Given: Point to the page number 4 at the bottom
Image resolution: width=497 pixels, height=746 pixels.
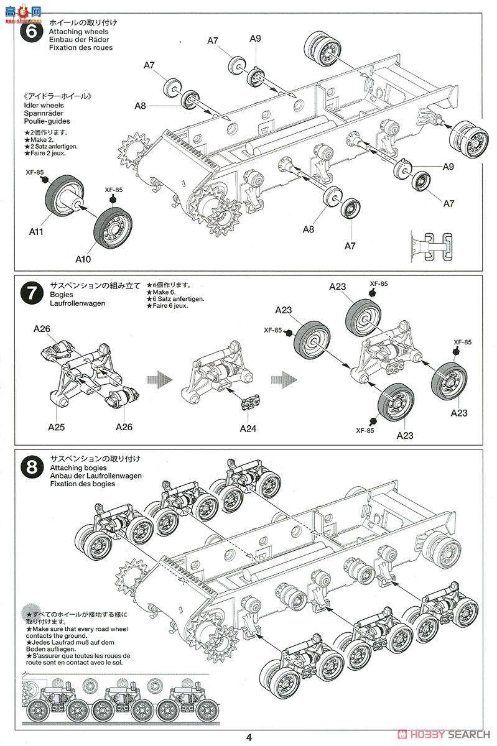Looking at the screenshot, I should click(249, 737).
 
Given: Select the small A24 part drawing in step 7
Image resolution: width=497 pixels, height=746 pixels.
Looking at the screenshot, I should click(251, 402).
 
